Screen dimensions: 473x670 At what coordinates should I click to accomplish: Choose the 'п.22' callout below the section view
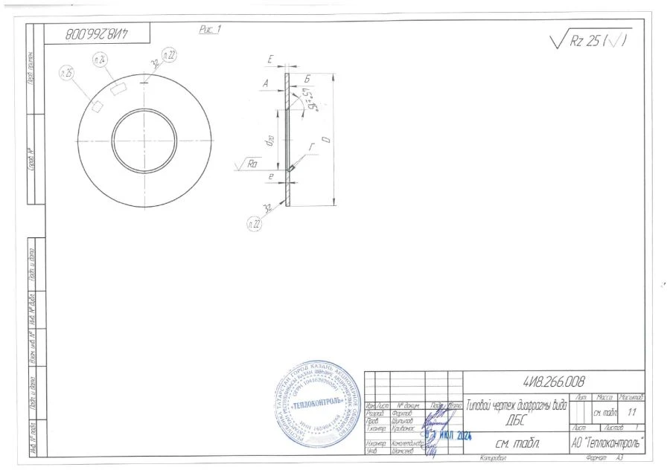(x=254, y=222)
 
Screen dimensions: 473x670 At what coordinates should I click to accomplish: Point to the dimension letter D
(x=325, y=139)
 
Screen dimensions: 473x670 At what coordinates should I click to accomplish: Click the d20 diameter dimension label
(x=271, y=140)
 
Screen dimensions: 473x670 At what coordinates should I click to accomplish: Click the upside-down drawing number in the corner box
(x=98, y=33)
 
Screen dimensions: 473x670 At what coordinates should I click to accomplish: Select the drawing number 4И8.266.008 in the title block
(x=554, y=382)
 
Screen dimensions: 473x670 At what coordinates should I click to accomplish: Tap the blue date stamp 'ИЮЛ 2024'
(x=453, y=435)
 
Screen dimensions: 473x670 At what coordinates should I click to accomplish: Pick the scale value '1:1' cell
(x=632, y=411)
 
